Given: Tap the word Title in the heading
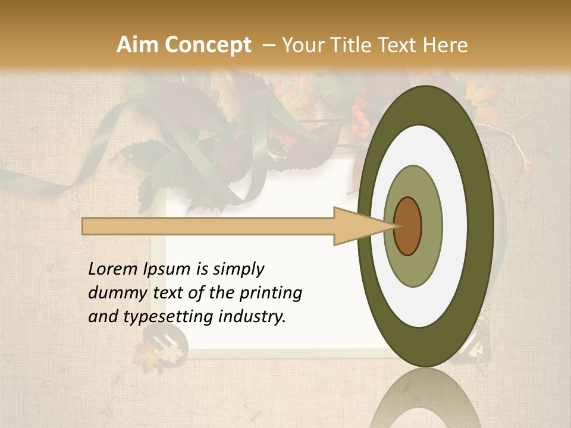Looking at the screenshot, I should pyautogui.click(x=353, y=45).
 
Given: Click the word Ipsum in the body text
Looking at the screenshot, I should pyautogui.click(x=167, y=269).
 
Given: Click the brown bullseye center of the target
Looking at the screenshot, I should pyautogui.click(x=408, y=226).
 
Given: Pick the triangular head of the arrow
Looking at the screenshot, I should pyautogui.click(x=357, y=226).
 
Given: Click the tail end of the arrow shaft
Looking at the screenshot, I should pyautogui.click(x=86, y=226).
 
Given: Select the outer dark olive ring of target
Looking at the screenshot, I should pyautogui.click(x=484, y=226).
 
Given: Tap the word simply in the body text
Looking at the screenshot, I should pyautogui.click(x=238, y=269).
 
